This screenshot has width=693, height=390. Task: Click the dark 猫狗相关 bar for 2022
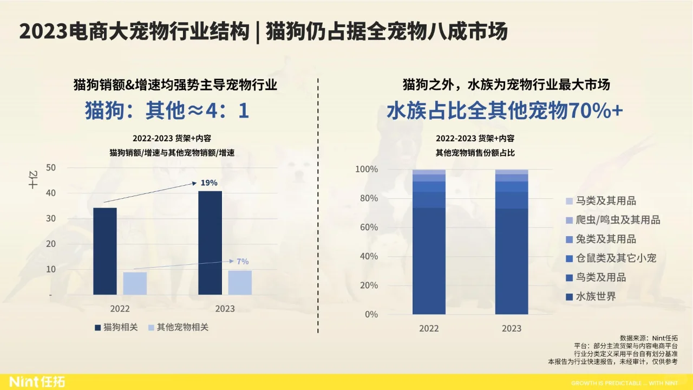point(104,251)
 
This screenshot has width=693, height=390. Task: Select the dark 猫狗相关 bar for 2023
point(210,243)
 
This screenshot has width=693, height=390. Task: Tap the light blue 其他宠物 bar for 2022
point(135,283)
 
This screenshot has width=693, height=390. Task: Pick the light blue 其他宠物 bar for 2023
point(240,282)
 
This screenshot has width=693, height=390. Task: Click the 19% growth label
point(209,183)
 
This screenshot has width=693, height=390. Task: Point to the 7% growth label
point(243,261)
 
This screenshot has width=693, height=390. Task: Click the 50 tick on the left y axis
point(51,167)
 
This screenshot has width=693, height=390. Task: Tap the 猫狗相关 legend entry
point(116,327)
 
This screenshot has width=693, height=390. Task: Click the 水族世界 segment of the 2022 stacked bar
point(429,260)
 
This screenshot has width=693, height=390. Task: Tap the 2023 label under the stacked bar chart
point(511,328)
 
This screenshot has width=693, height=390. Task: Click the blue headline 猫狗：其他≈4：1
point(167,110)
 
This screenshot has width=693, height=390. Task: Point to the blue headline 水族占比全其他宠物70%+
point(505,110)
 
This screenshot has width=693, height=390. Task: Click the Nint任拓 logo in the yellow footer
point(37,382)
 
